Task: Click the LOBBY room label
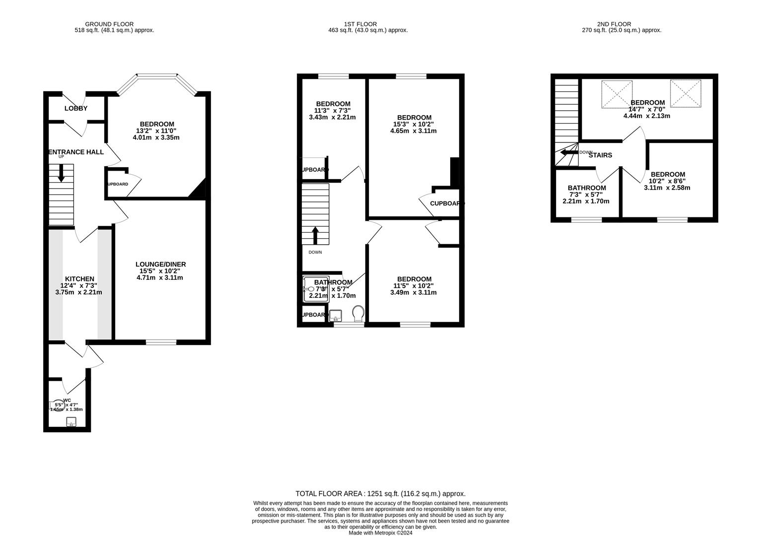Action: [76, 108]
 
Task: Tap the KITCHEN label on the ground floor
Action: [79, 279]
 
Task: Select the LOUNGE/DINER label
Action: [160, 264]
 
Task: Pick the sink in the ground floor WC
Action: [71, 422]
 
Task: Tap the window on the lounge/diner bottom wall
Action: [161, 341]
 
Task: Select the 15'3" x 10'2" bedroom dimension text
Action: [414, 124]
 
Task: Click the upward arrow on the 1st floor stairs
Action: [315, 235]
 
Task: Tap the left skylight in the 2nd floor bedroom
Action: [617, 94]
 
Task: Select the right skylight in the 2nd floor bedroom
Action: [685, 93]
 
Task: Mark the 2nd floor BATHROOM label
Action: [587, 188]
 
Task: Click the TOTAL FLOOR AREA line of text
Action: [380, 493]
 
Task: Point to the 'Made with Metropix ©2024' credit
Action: [380, 533]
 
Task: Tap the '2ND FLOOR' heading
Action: [614, 24]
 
